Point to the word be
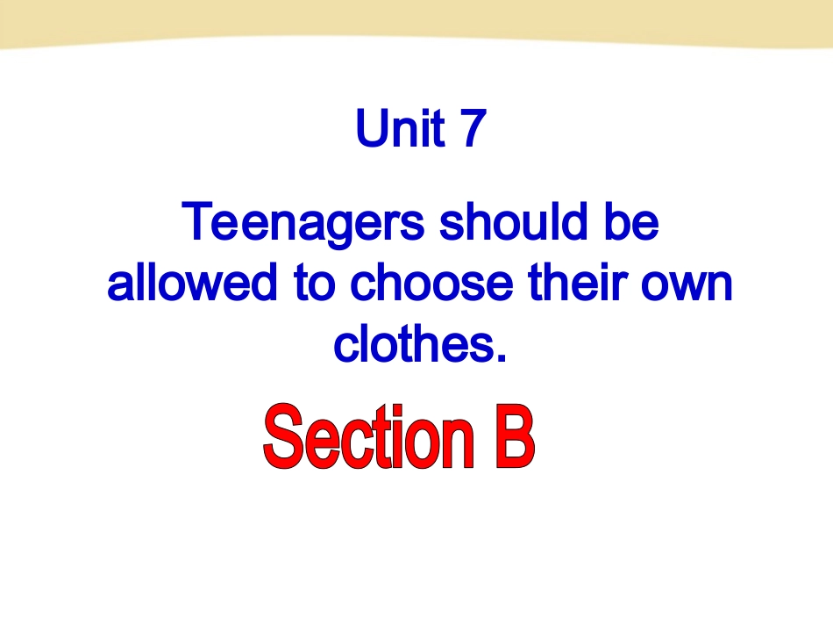[630, 223]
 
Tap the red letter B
[510, 437]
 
